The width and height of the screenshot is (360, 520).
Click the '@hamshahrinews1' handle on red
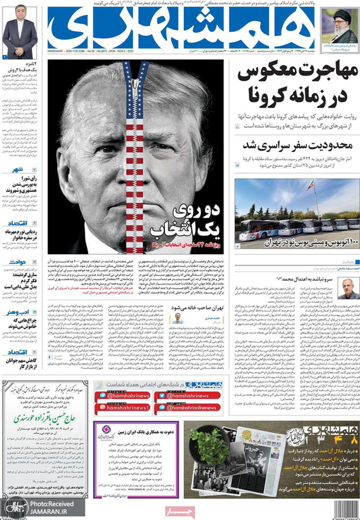(x=127, y=407)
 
